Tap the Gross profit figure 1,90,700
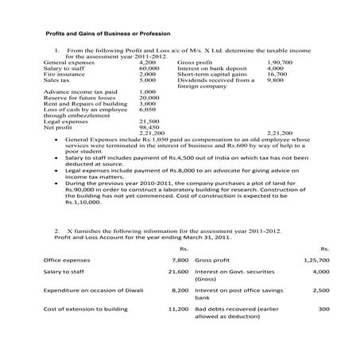click(280, 61)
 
